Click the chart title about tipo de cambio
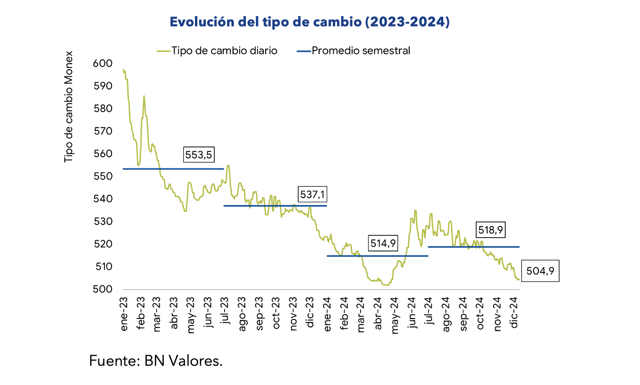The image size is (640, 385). point(310,22)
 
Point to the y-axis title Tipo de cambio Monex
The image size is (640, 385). point(68,107)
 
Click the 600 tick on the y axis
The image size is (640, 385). point(103,63)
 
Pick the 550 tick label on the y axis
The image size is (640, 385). point(103,176)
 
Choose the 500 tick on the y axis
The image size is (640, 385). point(103,289)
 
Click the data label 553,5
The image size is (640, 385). point(199,155)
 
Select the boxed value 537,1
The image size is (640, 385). point(313,194)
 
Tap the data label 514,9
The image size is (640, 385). point(383,243)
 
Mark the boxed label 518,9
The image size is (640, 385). point(490,230)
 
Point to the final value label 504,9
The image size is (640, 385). point(540,271)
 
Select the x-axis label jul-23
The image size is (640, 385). point(225,311)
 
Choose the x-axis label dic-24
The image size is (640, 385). point(514,313)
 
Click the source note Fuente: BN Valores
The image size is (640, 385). point(156,360)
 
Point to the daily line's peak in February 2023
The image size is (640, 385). point(144,96)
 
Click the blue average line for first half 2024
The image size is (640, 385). point(377,256)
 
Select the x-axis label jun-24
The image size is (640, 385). point(412,313)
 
